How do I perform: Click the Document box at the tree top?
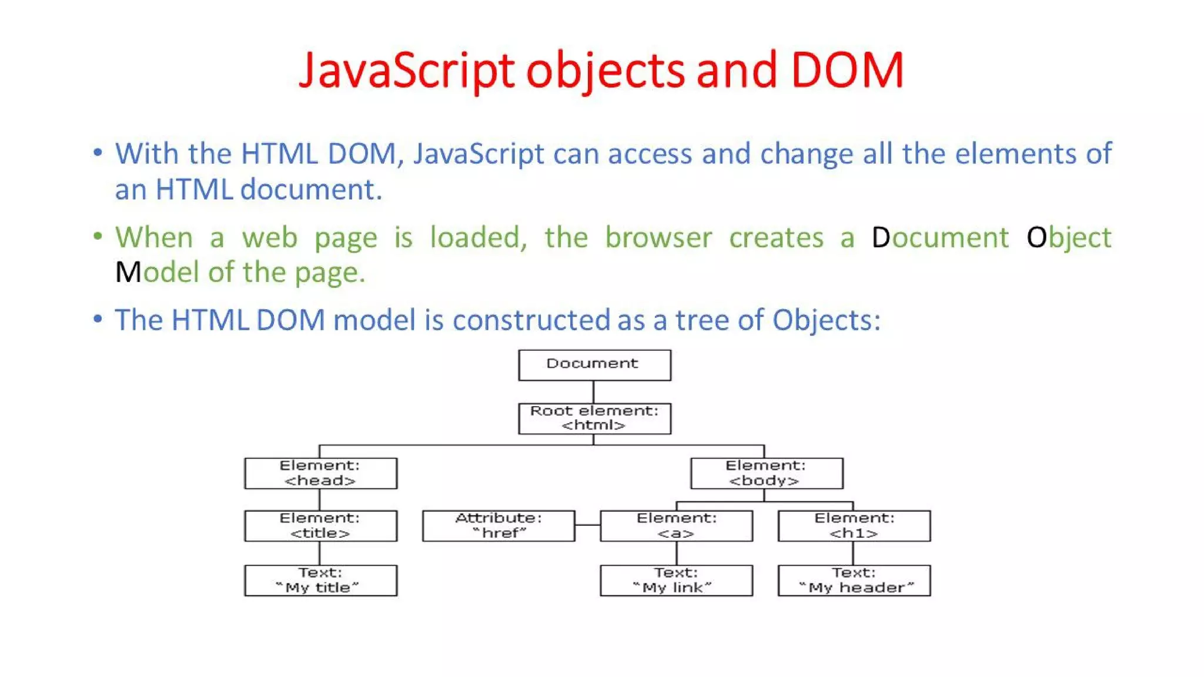click(594, 365)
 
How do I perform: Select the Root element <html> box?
click(594, 418)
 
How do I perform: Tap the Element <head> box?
click(320, 473)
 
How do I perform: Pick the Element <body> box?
click(766, 473)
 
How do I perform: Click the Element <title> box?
click(320, 525)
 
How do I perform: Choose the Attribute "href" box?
click(499, 525)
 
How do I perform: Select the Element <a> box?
click(676, 525)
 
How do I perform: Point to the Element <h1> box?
click(854, 525)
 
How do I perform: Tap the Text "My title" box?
click(320, 580)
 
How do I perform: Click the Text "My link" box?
click(676, 580)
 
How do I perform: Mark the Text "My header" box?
click(854, 580)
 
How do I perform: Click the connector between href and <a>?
click(587, 525)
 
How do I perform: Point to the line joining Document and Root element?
click(593, 392)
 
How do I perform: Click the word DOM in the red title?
click(847, 71)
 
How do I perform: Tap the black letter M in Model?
click(128, 272)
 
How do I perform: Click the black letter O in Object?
click(1036, 237)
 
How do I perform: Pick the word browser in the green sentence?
click(658, 237)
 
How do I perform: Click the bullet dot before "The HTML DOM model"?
click(98, 319)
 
